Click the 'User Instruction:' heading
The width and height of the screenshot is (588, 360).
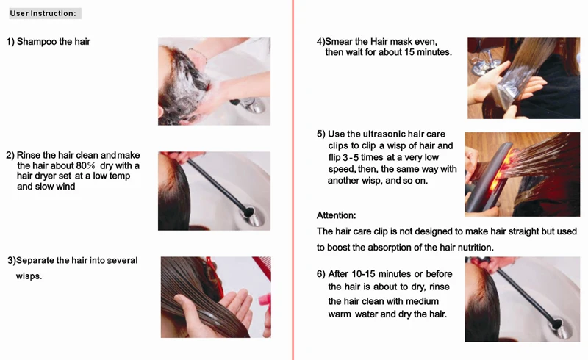coord(43,13)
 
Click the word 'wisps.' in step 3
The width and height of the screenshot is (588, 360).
coord(29,277)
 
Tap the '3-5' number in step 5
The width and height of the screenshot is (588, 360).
coord(351,157)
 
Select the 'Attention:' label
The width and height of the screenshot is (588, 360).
coord(337,215)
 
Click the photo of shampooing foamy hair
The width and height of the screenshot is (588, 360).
coord(214,82)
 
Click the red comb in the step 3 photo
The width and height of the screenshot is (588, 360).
coord(262,267)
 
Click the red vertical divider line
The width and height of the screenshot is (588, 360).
coord(293,180)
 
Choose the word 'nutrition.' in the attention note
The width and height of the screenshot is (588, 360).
coord(475,248)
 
